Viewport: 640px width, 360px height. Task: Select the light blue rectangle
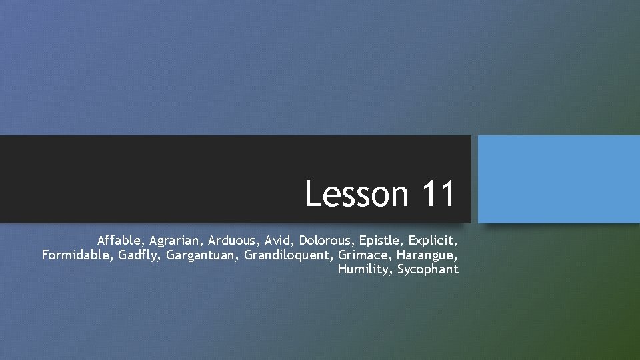point(559,179)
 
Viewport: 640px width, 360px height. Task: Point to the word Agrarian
point(176,239)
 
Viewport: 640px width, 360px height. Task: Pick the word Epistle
point(380,239)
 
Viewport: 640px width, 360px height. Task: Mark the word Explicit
point(432,239)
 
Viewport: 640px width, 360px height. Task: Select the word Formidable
point(76,254)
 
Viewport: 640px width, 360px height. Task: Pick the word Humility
point(364,270)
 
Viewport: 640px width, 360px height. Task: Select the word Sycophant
point(428,270)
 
